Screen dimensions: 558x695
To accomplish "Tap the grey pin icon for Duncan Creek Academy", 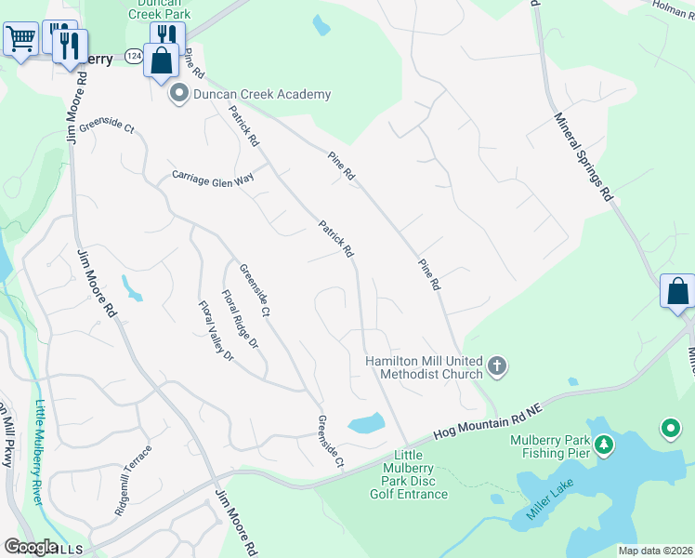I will (178, 94).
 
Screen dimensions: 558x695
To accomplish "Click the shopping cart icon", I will (20, 39).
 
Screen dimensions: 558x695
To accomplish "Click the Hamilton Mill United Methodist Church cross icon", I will (497, 366).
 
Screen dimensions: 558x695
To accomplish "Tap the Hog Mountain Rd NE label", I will (487, 419).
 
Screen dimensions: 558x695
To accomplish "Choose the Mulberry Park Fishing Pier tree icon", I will (604, 446).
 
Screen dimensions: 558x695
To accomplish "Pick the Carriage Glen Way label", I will (213, 177).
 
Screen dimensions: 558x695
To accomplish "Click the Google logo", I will (31, 547).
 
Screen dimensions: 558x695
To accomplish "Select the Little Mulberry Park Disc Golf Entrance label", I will (402, 474).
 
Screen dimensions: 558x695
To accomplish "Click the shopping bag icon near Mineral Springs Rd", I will (677, 290).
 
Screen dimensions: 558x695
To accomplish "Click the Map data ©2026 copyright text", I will (655, 551).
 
